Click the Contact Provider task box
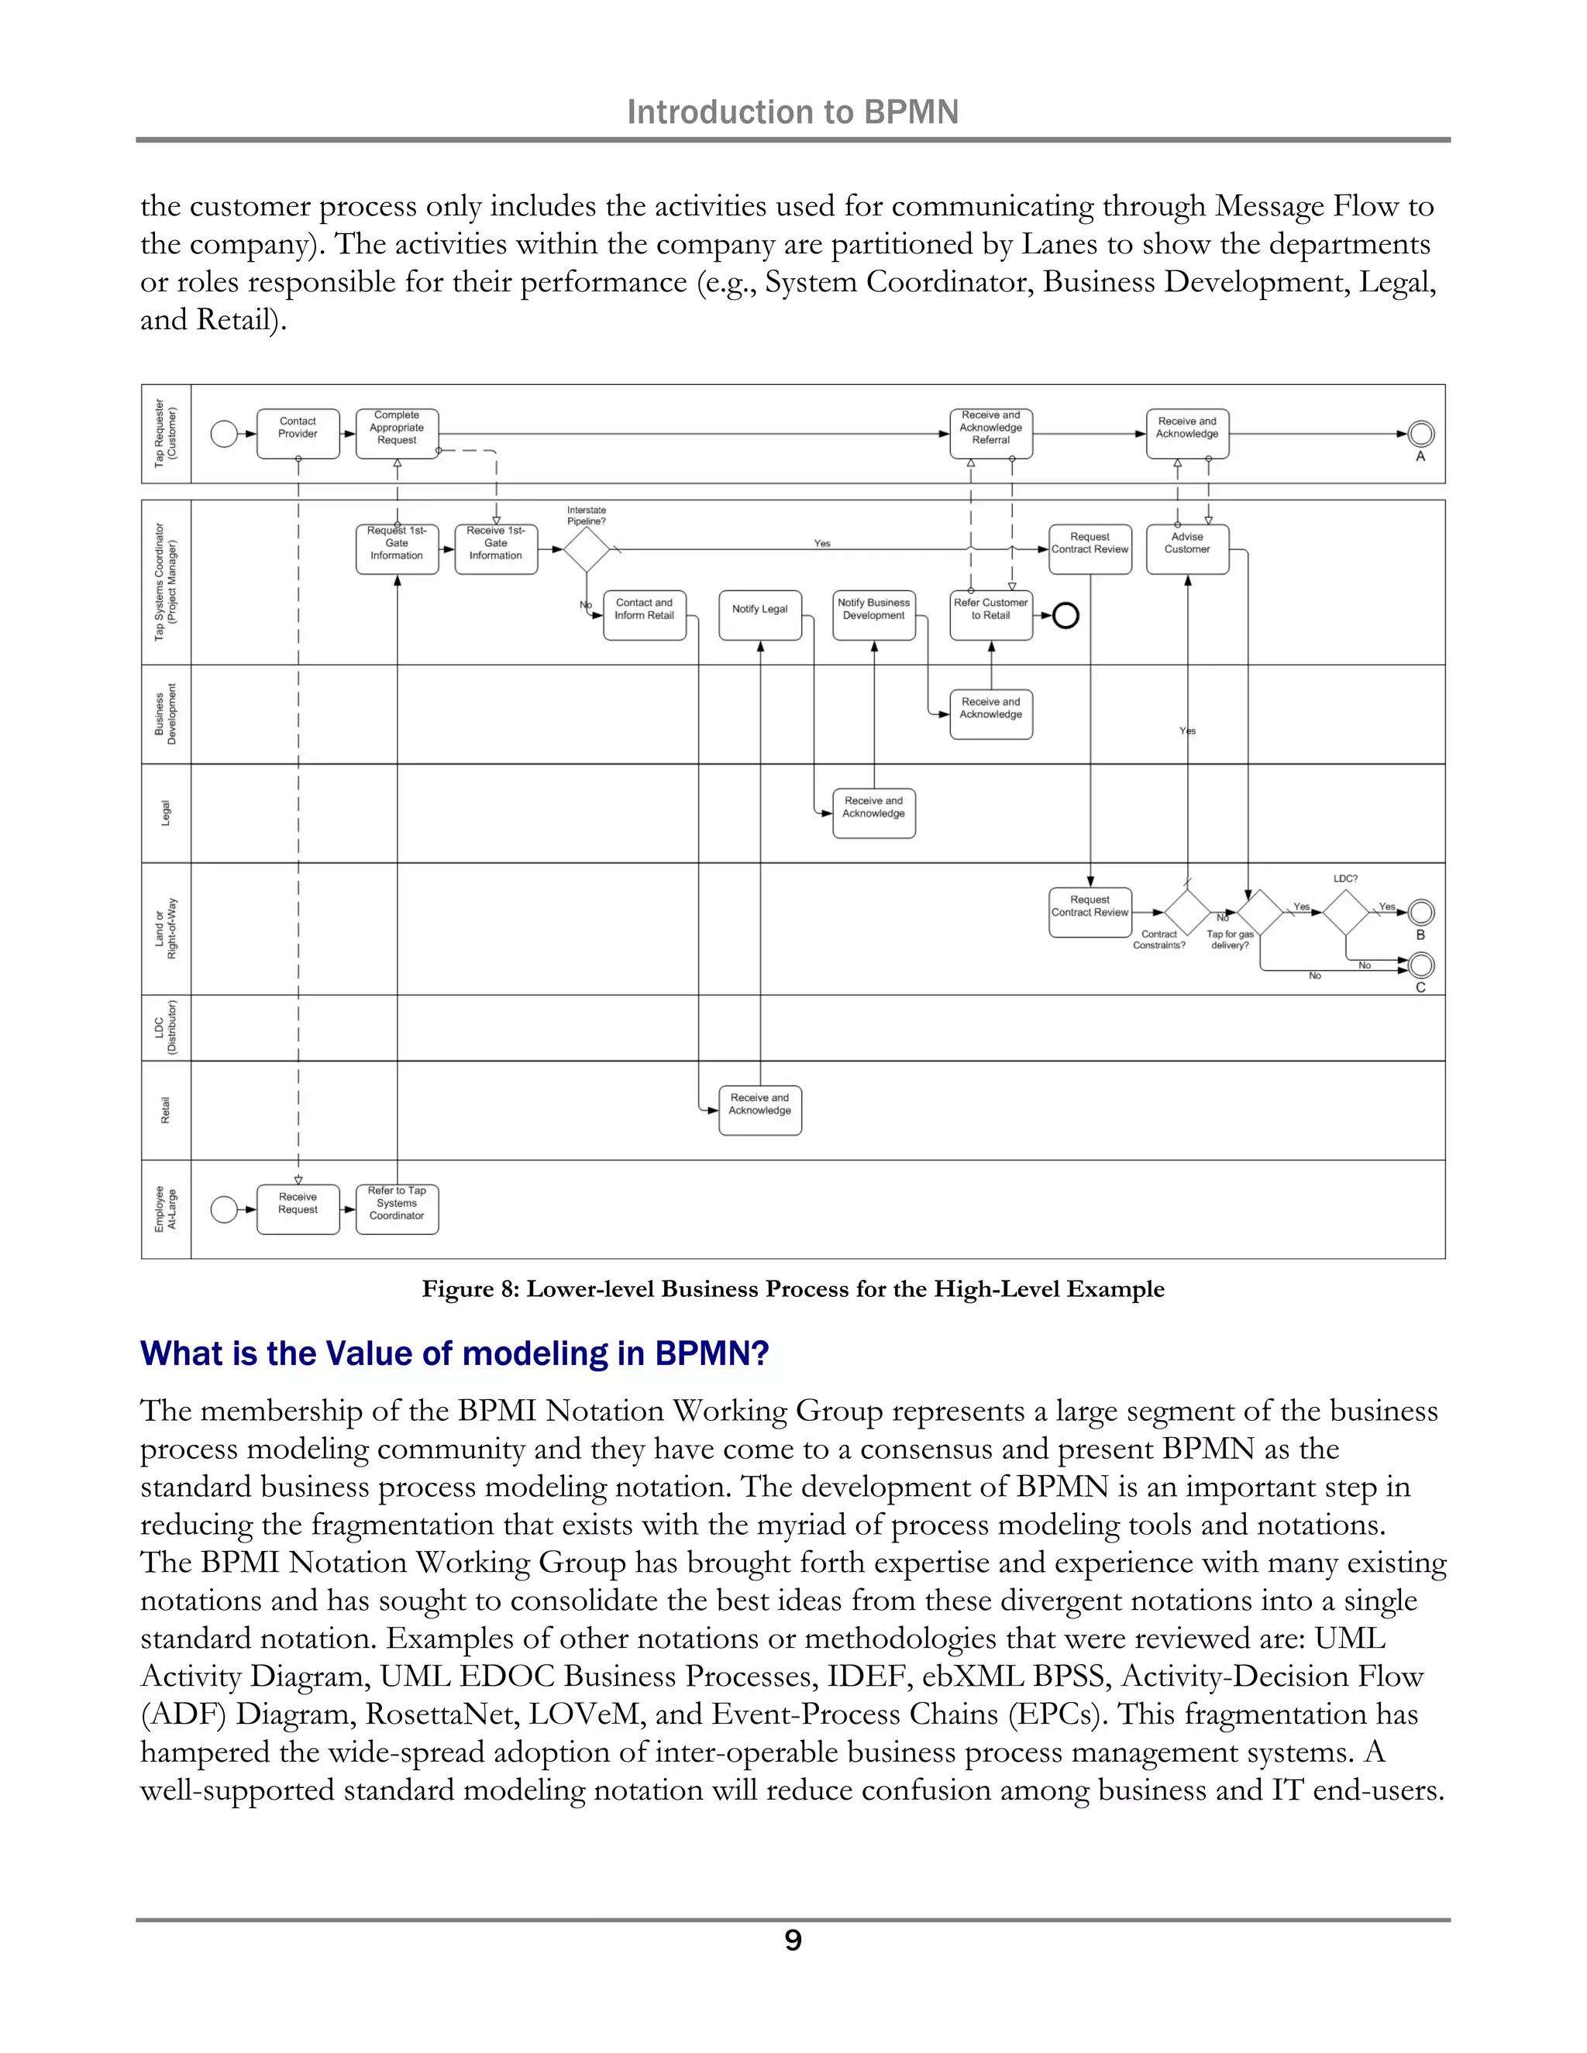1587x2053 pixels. click(298, 433)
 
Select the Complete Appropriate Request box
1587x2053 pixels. click(397, 433)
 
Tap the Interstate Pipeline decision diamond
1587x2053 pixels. click(587, 549)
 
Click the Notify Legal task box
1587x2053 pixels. click(759, 615)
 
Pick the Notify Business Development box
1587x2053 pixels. click(873, 615)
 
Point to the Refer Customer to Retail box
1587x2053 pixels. click(991, 615)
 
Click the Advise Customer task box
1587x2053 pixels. click(1187, 549)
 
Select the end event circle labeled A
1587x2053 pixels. click(1421, 433)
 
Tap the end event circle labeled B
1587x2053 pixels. click(1421, 912)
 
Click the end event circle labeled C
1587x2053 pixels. click(1421, 965)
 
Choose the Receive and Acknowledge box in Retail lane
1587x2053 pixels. click(759, 1110)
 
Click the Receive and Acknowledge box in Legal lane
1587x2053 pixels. click(873, 813)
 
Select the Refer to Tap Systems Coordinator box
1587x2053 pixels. click(397, 1209)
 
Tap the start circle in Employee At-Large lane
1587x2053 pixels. click(224, 1209)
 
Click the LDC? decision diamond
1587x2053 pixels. click(1345, 912)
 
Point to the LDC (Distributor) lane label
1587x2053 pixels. click(166, 1027)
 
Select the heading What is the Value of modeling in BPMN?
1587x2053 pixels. click(454, 1353)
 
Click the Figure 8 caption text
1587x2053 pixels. click(793, 1289)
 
